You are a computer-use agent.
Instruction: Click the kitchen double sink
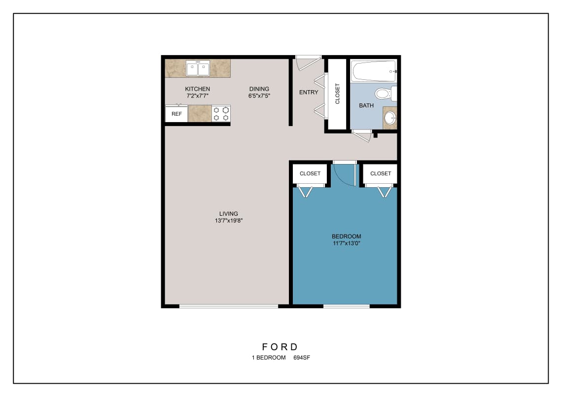point(198,68)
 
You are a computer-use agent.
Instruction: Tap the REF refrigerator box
point(176,114)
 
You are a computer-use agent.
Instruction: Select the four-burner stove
point(221,114)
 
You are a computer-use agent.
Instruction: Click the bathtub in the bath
point(374,71)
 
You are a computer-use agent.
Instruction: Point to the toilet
point(383,93)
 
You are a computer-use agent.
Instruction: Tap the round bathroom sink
point(389,118)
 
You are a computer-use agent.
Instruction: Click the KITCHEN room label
point(198,89)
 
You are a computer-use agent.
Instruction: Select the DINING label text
point(259,89)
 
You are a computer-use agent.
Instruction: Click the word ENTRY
point(309,92)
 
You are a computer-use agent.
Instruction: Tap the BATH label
point(366,105)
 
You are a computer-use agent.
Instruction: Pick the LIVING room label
point(229,214)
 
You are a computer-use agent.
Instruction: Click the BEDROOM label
point(347,236)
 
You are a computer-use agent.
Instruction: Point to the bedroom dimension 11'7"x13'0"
point(347,243)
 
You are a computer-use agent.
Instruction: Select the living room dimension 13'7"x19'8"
point(229,221)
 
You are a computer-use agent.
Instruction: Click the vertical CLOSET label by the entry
point(338,94)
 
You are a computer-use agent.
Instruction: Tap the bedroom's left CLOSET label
point(310,173)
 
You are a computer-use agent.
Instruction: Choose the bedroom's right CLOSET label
point(381,173)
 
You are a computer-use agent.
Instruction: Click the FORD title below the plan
point(281,347)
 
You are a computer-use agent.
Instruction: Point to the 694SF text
point(302,358)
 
